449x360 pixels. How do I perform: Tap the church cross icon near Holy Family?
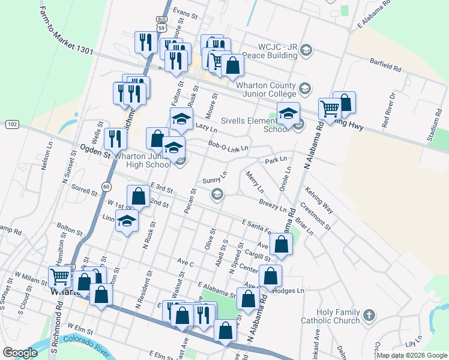coord(369,314)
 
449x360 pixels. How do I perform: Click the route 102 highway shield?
coord(11,124)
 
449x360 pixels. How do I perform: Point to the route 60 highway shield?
coord(106,186)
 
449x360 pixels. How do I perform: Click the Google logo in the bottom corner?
coord(20,353)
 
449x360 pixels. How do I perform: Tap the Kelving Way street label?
coord(319,200)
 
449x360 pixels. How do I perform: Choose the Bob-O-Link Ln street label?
coord(228,146)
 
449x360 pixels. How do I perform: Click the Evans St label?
coord(185,11)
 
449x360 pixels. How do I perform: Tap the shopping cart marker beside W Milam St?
coord(60,278)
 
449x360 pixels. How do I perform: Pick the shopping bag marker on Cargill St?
coord(281,244)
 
